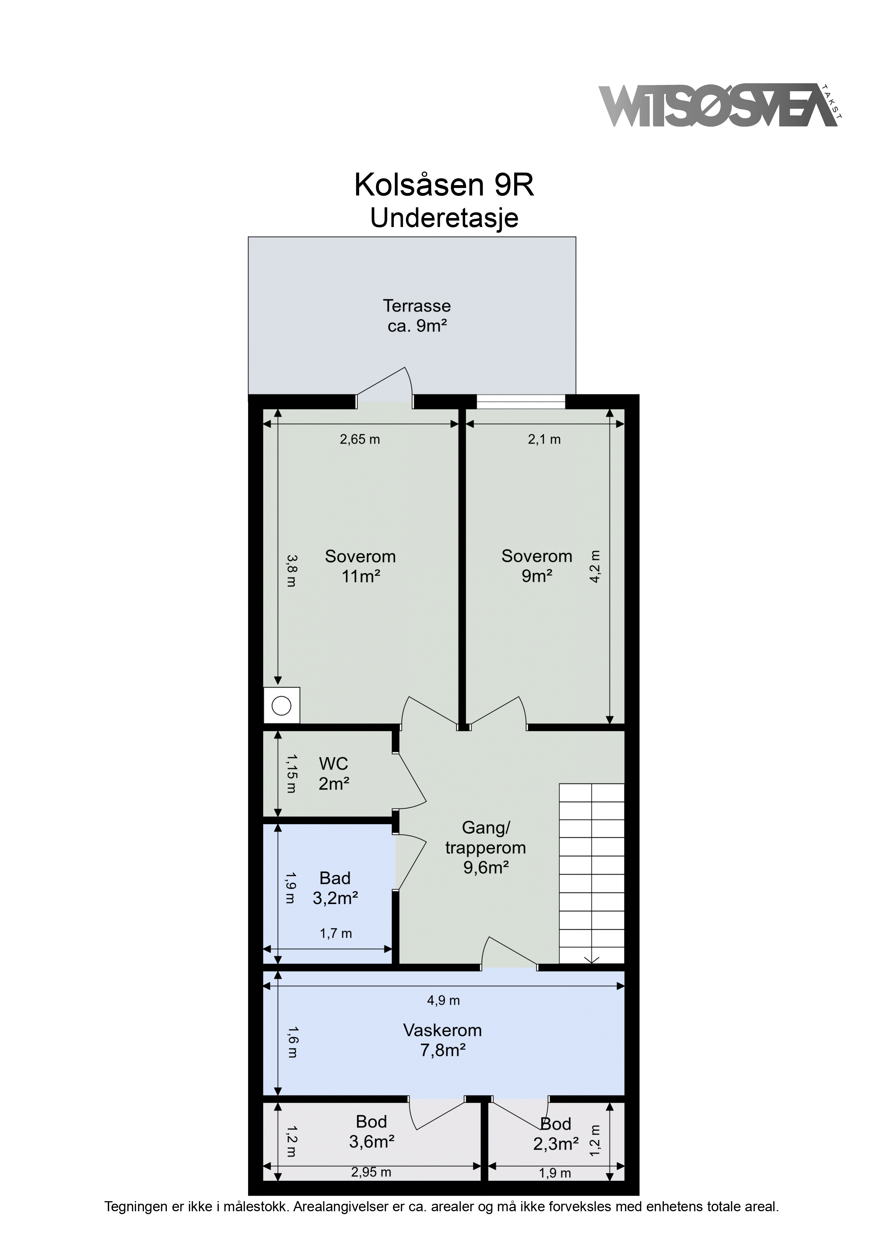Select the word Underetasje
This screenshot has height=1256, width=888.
444,218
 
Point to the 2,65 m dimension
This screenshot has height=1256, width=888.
360,439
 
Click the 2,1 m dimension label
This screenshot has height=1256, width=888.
544,439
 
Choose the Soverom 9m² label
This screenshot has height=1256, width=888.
537,566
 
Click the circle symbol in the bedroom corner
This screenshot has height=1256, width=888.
282,706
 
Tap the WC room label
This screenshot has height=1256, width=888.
334,773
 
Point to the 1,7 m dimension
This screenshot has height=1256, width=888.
336,933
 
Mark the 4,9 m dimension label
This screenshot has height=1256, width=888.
443,1000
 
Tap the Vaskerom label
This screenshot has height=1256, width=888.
443,1040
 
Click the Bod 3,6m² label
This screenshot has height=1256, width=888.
372,1131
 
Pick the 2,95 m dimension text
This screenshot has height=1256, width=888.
371,1172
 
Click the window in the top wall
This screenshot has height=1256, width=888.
520,402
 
